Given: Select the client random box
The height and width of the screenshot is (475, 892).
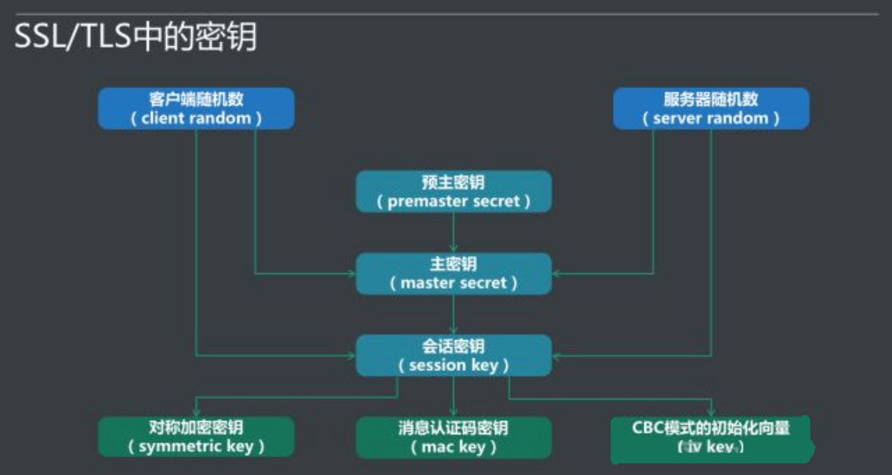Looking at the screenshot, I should point(196,109).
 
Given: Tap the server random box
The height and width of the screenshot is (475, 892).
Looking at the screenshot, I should point(711,109).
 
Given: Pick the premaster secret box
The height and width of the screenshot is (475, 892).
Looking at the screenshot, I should point(454,191).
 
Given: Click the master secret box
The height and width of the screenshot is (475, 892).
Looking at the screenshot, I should point(454,274).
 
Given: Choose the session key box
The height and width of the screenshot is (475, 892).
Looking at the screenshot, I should point(454,355).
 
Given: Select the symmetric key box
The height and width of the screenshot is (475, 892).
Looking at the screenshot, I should point(196,437).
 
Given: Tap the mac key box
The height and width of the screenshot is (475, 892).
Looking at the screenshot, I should point(454,437).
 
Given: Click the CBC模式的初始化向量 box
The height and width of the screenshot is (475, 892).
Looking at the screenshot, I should point(710,438).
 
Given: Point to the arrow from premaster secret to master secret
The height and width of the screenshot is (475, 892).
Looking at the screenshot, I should point(454,232).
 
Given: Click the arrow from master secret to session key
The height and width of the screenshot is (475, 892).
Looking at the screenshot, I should point(454,314).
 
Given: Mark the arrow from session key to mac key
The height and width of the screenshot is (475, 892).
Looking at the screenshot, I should point(454,396).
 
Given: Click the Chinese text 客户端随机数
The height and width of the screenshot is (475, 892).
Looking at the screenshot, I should point(196,99).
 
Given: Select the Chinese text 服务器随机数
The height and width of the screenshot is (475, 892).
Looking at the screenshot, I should point(711,99).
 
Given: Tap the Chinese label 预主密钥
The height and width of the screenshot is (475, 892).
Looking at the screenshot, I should point(454,182).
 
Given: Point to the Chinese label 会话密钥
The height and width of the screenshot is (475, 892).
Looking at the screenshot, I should point(454,346).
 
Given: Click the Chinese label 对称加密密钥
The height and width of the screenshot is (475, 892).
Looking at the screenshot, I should point(196,428).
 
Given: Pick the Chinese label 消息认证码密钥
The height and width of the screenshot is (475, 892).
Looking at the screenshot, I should point(454,428).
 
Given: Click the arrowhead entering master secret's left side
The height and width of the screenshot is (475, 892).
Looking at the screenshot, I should point(351,274).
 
